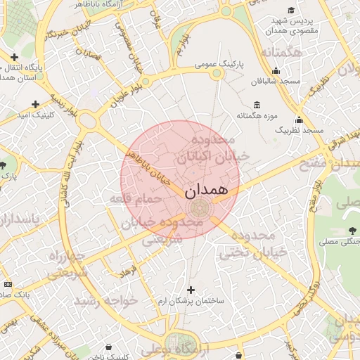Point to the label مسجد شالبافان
click(279, 82)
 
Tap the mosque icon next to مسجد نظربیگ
click(299, 120)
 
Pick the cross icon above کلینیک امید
click(35, 103)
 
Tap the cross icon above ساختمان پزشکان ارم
click(191, 289)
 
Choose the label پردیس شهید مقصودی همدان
click(294, 26)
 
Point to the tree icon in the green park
click(352, 230)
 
